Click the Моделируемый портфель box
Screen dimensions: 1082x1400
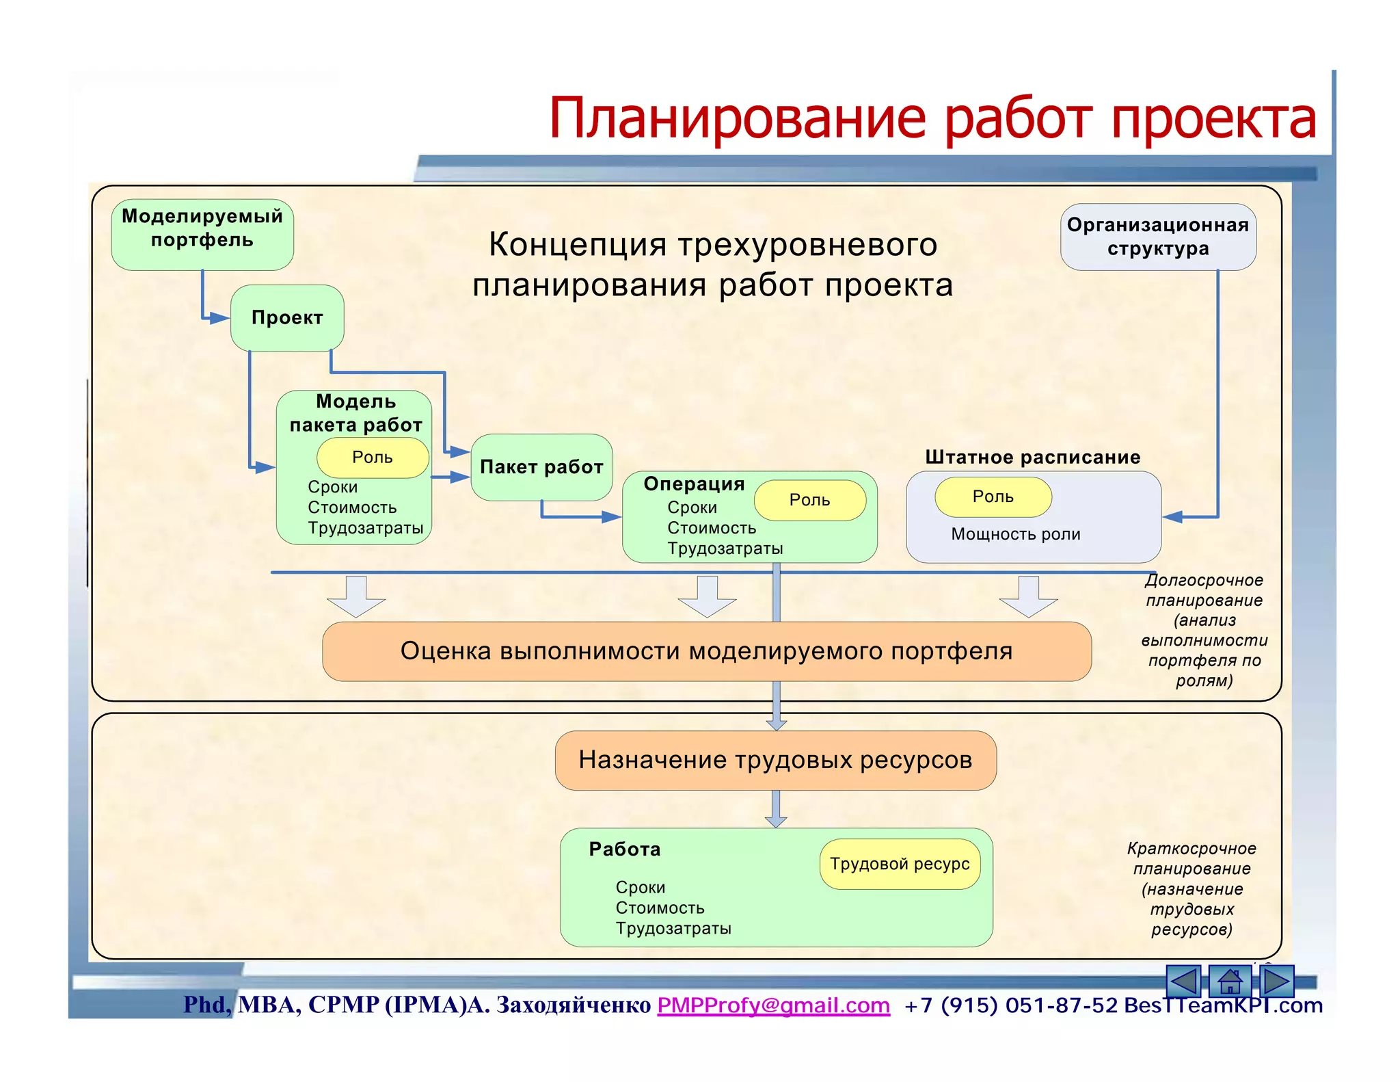click(x=202, y=234)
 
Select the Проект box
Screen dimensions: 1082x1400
click(x=287, y=318)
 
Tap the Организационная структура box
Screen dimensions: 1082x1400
click(x=1158, y=237)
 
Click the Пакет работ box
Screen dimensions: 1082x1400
click(x=541, y=467)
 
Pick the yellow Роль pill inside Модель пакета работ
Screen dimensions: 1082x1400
click(x=373, y=458)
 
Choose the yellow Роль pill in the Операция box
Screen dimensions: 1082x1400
click(x=810, y=500)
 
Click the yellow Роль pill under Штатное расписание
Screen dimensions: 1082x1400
click(x=993, y=497)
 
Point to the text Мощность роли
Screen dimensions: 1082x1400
click(x=1016, y=534)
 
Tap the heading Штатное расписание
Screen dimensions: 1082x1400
click(x=1033, y=457)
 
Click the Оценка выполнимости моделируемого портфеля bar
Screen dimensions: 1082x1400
click(x=706, y=651)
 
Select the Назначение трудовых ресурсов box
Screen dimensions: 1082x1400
click(x=775, y=760)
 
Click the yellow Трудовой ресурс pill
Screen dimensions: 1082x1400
click(x=900, y=864)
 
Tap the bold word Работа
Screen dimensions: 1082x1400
click(x=625, y=849)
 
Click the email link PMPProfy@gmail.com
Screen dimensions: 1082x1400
click(x=773, y=1005)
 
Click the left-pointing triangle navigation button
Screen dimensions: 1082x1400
click(x=1185, y=981)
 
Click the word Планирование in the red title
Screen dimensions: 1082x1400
click(x=739, y=118)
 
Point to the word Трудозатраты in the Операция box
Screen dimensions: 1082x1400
click(x=725, y=549)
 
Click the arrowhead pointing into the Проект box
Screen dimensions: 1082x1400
click(x=219, y=318)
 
